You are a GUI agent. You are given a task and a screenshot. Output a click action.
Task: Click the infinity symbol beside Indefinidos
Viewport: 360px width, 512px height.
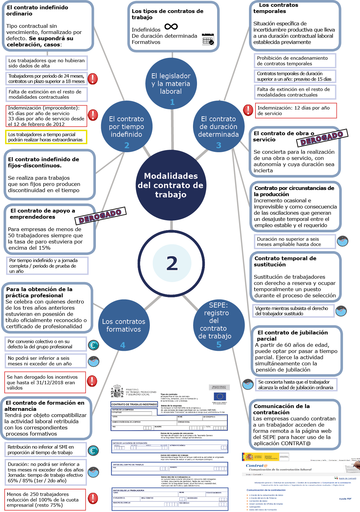[x=171, y=27]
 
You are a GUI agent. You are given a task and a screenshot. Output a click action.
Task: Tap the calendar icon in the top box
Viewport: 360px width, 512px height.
[x=208, y=39]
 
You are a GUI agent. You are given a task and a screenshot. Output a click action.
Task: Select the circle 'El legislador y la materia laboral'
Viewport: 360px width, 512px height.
[x=171, y=84]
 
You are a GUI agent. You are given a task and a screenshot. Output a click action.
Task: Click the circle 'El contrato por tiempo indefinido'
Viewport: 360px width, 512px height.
[x=126, y=127]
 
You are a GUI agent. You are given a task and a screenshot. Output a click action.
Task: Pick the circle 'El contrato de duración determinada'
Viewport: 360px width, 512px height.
[x=218, y=127]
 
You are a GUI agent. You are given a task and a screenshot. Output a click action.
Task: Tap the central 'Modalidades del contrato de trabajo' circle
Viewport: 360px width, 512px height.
[x=171, y=185]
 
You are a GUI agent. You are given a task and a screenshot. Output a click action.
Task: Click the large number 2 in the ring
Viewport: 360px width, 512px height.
[x=172, y=263]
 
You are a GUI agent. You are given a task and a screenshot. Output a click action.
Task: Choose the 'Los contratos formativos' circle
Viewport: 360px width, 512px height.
[x=124, y=325]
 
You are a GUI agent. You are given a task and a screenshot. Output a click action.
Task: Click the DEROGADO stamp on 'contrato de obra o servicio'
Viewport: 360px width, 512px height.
[x=322, y=138]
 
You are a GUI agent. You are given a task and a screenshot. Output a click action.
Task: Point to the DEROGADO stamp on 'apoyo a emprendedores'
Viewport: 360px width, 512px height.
[x=100, y=216]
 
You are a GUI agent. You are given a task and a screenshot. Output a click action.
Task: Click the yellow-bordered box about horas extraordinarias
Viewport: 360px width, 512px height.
[x=46, y=137]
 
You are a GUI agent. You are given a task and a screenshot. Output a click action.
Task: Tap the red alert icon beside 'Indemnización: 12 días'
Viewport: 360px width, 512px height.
[x=248, y=110]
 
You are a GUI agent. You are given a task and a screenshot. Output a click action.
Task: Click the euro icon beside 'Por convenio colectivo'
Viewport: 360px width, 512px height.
[x=93, y=345]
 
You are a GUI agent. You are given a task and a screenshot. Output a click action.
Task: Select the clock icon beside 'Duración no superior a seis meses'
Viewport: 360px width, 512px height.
[x=342, y=241]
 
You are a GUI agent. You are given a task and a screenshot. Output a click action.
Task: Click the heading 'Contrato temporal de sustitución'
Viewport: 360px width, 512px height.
[x=285, y=261]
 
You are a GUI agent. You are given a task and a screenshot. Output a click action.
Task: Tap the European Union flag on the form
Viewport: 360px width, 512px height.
[x=220, y=396]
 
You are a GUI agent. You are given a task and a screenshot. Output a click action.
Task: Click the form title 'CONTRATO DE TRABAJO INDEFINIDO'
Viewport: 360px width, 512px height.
[x=134, y=404]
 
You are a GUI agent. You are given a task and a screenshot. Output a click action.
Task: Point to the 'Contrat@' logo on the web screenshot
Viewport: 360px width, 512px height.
[x=257, y=466]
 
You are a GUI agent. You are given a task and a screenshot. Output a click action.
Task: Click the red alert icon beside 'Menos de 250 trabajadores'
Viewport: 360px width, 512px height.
[x=93, y=498]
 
